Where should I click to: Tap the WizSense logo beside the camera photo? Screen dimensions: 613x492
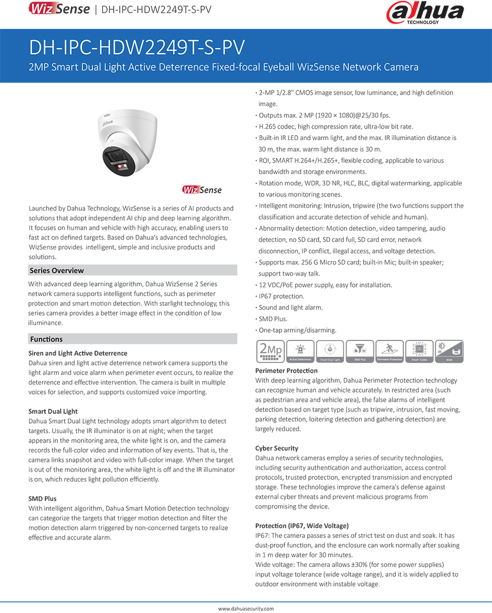point(202,190)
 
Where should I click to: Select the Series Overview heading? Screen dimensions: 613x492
point(57,270)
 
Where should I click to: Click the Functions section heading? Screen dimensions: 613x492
point(46,339)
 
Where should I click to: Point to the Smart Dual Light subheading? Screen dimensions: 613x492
point(53,411)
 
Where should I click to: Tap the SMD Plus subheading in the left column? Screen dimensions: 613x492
point(43,499)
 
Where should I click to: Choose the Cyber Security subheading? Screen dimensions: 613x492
point(277,448)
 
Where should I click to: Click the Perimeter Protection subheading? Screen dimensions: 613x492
point(286,371)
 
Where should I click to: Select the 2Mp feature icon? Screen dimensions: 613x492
point(270,351)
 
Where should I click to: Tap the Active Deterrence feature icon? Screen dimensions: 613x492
point(300,351)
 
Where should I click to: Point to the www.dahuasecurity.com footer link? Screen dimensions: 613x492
point(246,609)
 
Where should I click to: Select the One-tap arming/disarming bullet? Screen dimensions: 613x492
point(297,330)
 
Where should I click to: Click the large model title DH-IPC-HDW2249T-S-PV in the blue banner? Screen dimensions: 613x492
point(137,47)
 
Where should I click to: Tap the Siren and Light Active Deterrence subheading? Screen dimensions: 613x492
point(78,353)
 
